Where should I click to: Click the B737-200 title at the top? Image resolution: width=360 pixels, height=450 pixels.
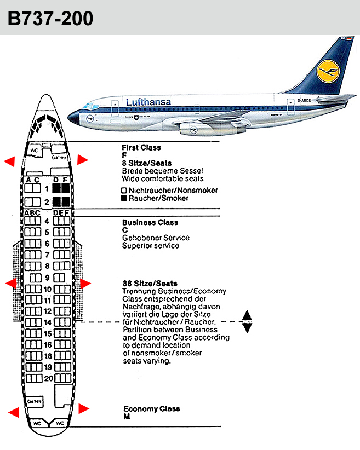tap(50, 18)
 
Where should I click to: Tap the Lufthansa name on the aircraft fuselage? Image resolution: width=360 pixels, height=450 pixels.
tap(148, 102)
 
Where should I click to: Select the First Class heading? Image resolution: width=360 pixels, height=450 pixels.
tap(141, 147)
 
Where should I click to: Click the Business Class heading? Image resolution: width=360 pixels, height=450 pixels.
tap(150, 223)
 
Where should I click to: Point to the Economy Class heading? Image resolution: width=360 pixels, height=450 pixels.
tap(151, 409)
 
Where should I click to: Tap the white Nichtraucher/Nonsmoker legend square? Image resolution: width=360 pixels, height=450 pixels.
tap(124, 191)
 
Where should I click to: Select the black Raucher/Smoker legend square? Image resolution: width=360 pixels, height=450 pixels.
tap(124, 198)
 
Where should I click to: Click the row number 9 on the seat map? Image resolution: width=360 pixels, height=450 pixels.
tap(47, 278)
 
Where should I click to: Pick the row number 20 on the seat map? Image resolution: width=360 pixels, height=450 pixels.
tap(48, 378)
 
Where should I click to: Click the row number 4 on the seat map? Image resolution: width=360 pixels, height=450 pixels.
tap(47, 221)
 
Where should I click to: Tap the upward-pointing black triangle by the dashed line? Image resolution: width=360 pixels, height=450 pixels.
tap(247, 315)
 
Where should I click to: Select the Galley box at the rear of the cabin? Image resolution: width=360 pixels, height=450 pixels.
tap(34, 401)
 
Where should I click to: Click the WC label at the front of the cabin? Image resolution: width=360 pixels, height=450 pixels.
tap(34, 150)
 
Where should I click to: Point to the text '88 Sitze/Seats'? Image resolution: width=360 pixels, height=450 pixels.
tap(150, 284)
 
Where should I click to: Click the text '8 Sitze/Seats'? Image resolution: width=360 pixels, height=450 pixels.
tap(147, 163)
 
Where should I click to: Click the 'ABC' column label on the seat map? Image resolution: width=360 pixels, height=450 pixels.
tap(32, 212)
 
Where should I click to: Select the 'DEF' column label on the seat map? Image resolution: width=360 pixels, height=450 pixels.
tap(61, 212)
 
